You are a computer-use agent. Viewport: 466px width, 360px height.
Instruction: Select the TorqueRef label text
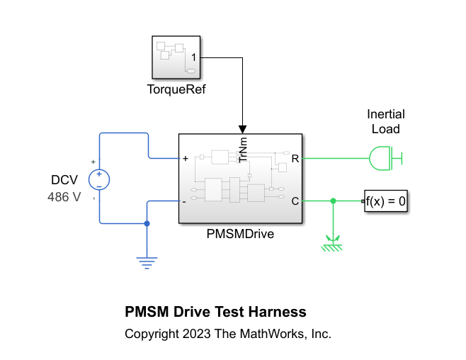[x=176, y=90]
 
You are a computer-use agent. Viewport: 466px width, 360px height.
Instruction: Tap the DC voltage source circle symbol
[x=99, y=179]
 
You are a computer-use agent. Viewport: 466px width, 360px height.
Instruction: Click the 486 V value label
[x=64, y=198]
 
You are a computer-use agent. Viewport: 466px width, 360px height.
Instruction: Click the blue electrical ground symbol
[x=147, y=262]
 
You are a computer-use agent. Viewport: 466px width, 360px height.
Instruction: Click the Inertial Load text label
[x=386, y=121]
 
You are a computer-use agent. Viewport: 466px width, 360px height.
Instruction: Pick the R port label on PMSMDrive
[x=295, y=159]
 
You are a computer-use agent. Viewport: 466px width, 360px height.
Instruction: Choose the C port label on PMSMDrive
[x=295, y=201]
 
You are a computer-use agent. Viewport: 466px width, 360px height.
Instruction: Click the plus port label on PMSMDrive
[x=186, y=159]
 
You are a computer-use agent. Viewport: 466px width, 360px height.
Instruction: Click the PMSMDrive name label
[x=240, y=234]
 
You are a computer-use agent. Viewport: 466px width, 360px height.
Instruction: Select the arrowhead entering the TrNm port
[x=243, y=130]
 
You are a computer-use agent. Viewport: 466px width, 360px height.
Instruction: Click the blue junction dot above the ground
[x=147, y=223]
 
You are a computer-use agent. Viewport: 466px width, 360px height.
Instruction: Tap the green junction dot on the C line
[x=333, y=201]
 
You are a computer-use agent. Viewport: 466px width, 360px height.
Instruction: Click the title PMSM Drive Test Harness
[x=215, y=312]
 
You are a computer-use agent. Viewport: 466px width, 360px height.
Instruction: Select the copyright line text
[x=228, y=333]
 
